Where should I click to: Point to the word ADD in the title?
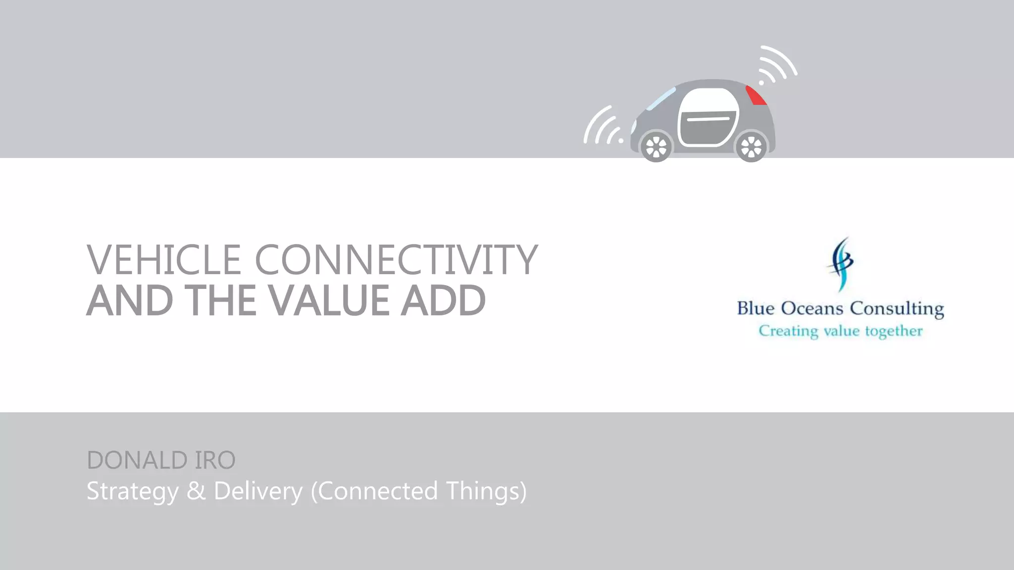[x=443, y=300]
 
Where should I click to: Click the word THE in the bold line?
[x=221, y=300]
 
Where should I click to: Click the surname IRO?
[x=215, y=460]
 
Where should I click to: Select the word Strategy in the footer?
[x=132, y=491]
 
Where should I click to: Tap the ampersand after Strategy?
[x=196, y=491]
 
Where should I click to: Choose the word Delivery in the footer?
[x=258, y=491]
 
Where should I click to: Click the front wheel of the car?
[x=657, y=147]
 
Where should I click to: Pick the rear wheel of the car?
[x=751, y=147]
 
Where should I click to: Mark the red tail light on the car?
[x=756, y=95]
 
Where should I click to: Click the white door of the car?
[x=709, y=118]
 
